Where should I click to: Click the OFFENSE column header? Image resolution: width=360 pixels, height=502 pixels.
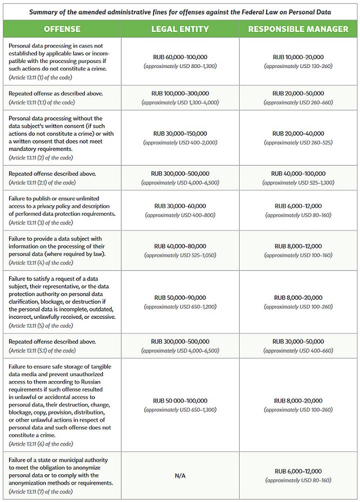tap(62, 29)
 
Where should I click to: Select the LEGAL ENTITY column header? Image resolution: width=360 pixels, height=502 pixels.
tap(180, 29)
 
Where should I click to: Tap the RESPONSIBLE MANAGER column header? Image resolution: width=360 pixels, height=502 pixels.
tap(298, 29)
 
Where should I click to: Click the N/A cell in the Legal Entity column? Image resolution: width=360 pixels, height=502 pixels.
tap(180, 475)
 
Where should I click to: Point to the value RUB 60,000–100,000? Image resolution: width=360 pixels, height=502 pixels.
tap(180, 57)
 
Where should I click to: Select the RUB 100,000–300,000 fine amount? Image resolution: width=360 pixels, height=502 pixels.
tap(180, 93)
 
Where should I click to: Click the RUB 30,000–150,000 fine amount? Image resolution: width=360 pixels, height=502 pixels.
tap(180, 134)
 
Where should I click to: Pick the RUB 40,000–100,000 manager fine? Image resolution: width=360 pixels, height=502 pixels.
tap(298, 174)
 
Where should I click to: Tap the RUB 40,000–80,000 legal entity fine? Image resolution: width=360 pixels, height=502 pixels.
tap(180, 246)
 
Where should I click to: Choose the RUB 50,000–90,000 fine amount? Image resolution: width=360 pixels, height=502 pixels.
tap(180, 297)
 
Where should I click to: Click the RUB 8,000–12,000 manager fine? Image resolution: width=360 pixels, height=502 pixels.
tap(298, 246)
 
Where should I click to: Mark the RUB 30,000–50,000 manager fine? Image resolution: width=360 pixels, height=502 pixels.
tap(298, 341)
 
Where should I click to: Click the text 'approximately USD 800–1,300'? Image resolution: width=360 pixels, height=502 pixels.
tap(180, 66)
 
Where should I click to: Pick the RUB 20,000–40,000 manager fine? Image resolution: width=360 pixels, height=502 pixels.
tap(298, 134)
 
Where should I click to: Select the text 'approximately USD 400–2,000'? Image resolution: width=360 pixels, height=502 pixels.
tap(180, 143)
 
